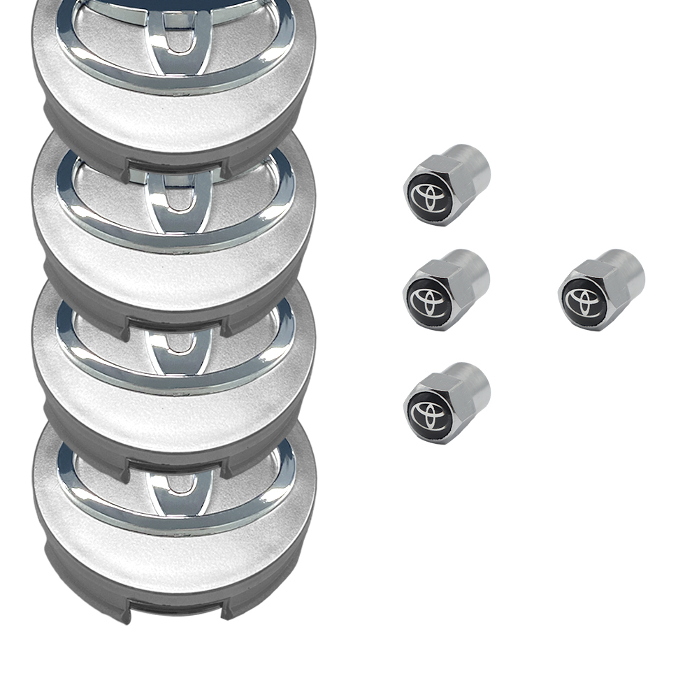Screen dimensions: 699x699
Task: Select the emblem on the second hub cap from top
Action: click(175, 196)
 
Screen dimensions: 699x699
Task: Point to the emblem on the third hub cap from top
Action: click(175, 343)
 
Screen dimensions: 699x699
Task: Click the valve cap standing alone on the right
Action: click(601, 289)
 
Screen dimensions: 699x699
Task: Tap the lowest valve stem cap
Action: click(447, 403)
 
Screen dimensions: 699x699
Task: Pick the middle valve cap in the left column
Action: click(447, 289)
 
